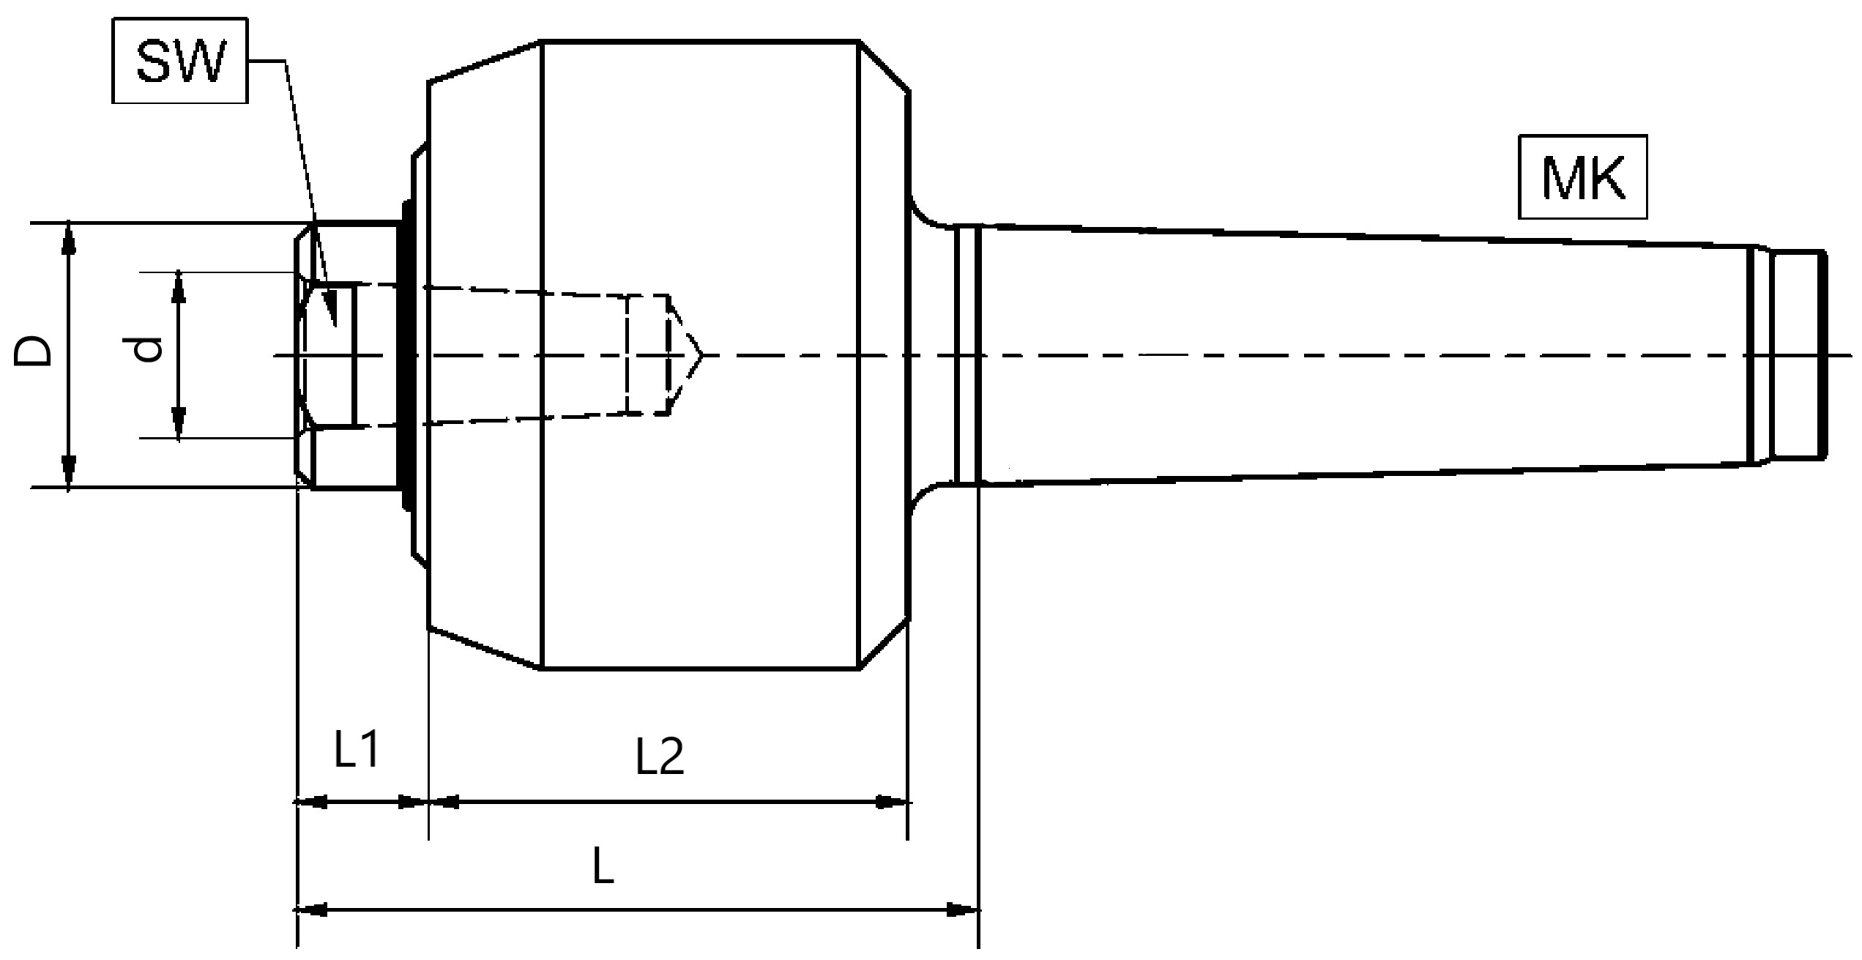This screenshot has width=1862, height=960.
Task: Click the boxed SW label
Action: point(179,61)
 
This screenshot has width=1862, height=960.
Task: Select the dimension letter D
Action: point(34,352)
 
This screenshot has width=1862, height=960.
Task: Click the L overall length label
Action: point(602,866)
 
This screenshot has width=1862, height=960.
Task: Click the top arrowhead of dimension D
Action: point(68,239)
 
